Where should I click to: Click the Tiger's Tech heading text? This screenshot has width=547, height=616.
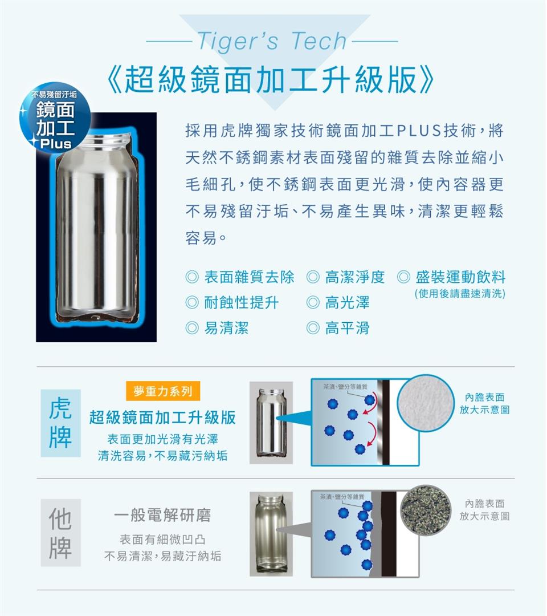[x=272, y=41]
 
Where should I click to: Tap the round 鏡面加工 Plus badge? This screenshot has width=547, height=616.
[x=55, y=117]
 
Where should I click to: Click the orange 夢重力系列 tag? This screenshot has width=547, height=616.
[x=163, y=391]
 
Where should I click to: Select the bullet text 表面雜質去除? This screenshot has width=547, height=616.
[x=249, y=277]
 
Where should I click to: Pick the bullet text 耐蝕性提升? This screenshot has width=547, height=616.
[x=242, y=302]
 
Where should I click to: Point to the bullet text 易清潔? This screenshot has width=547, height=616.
[x=226, y=328]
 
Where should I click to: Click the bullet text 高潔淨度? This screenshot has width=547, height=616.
[x=355, y=277]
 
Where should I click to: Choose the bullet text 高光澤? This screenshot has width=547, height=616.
[x=347, y=302]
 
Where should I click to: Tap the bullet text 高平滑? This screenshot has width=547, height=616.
[x=347, y=328]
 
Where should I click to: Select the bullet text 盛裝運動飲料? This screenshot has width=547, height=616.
[x=460, y=277]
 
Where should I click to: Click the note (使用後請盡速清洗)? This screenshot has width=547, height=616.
[x=460, y=294]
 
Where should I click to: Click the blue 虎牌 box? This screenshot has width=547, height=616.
[x=60, y=423]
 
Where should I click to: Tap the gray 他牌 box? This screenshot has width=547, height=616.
[x=60, y=533]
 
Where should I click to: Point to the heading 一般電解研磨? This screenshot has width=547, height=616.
[x=162, y=515]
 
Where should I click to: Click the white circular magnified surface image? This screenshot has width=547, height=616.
[x=426, y=403]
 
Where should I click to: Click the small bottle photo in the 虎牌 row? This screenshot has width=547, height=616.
[x=271, y=423]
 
